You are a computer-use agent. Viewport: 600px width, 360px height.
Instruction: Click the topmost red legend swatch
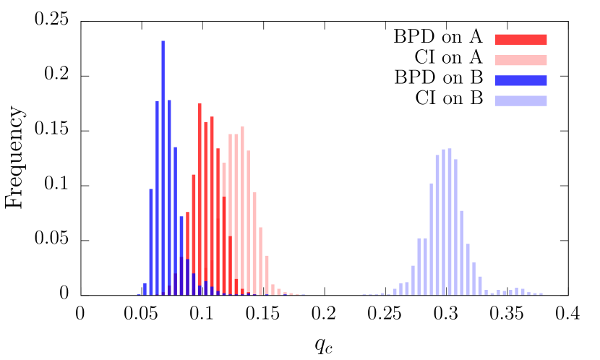(520, 40)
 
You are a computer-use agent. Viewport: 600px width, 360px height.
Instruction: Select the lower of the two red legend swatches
(520, 60)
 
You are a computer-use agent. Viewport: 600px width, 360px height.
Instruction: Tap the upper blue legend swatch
(520, 80)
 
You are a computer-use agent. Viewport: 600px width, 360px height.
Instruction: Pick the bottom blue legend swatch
(520, 100)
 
